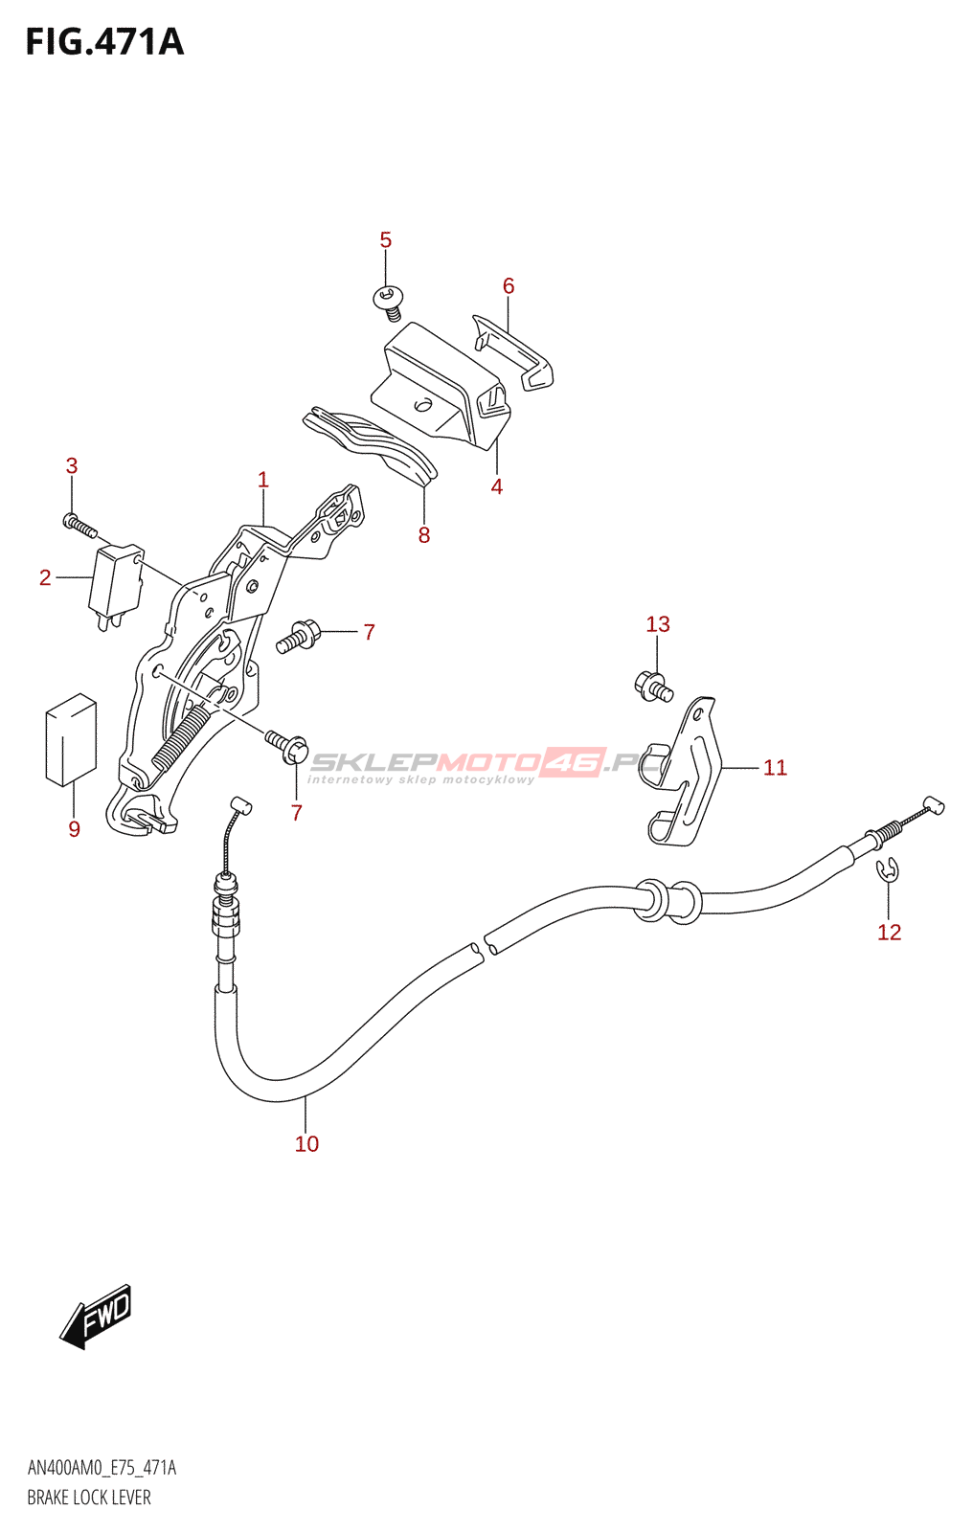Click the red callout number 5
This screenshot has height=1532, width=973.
(385, 240)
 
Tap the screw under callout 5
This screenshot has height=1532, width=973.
(389, 303)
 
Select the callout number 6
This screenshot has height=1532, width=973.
(509, 286)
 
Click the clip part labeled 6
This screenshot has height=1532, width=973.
(513, 352)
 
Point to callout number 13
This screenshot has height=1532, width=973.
(658, 623)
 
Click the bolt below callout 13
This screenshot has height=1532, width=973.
(653, 686)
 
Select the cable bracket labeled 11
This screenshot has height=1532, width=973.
(684, 773)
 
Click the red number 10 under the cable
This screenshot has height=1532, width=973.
(306, 1143)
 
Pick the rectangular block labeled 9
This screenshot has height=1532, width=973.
(71, 739)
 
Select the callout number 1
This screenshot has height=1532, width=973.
(263, 480)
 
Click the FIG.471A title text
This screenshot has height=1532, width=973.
(104, 42)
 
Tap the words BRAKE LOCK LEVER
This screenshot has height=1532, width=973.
(89, 1498)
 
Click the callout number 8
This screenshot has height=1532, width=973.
(424, 535)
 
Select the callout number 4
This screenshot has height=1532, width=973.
(497, 486)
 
